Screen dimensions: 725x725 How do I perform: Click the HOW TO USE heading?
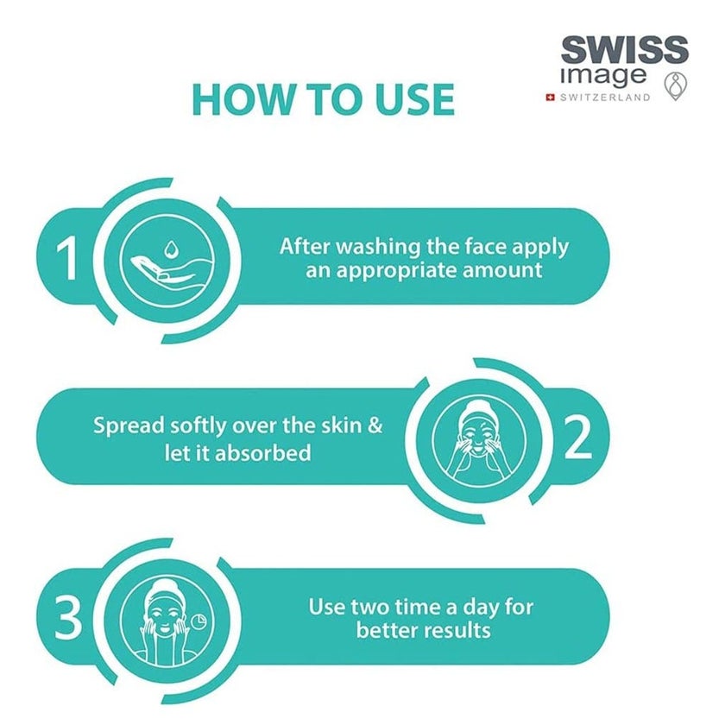[323, 99]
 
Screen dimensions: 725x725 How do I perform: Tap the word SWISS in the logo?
[624, 49]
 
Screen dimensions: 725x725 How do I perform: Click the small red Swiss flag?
[549, 98]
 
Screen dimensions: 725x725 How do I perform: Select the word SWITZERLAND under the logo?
[605, 98]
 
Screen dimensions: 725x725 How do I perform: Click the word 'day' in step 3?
[482, 606]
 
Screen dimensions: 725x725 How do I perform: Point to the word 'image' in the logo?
[603, 74]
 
